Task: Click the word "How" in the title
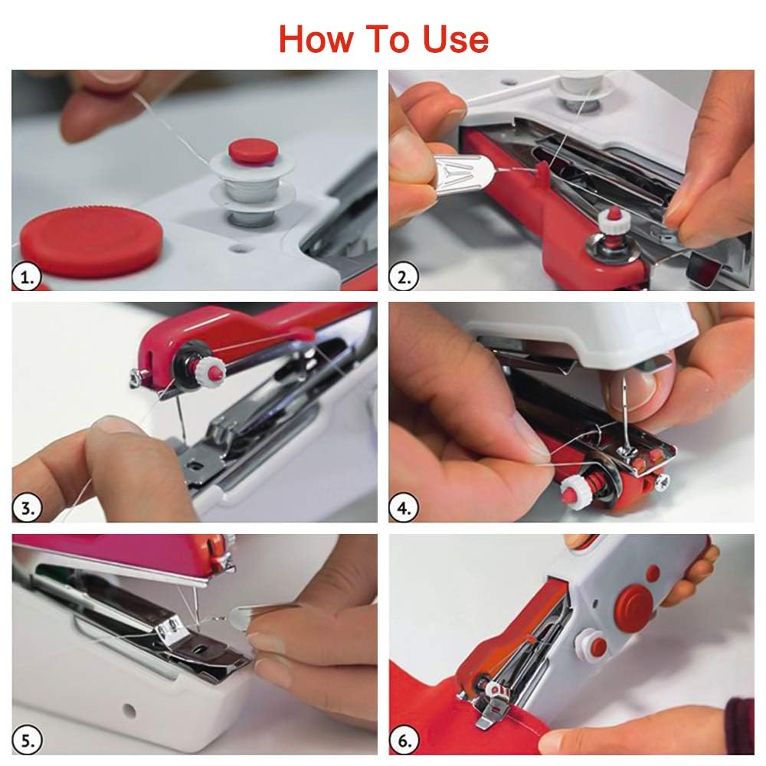[315, 39]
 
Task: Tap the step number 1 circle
[26, 277]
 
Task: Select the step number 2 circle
[403, 277]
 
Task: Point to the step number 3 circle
[26, 509]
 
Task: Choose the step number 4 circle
[404, 509]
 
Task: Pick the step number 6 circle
[404, 740]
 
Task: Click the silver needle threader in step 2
[464, 171]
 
